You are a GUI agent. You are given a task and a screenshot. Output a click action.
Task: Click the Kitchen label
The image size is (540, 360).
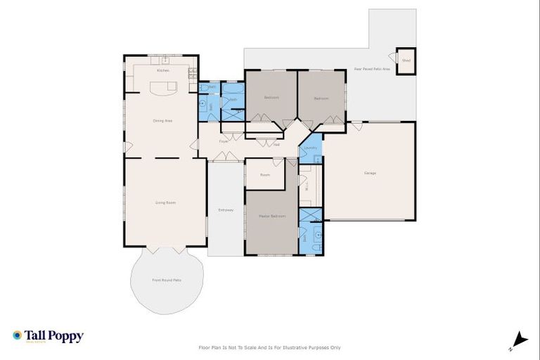[163, 70]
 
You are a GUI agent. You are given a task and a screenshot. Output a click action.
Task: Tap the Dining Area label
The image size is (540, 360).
[163, 121]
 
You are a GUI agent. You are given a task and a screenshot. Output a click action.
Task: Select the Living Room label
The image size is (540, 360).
[165, 202]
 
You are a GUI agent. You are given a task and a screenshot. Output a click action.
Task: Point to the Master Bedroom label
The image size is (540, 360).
[273, 216]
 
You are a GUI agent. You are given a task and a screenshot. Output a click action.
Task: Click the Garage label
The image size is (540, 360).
[370, 173]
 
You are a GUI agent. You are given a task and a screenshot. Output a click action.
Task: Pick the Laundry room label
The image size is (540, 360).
[311, 148]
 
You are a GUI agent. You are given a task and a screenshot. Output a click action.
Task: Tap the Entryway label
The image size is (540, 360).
[226, 210]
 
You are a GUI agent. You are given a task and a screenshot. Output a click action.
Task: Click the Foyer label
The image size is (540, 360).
[224, 141]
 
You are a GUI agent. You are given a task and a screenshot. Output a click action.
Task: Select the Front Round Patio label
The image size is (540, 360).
[167, 280]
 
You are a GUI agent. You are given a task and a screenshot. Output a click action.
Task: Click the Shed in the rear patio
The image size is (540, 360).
[406, 60]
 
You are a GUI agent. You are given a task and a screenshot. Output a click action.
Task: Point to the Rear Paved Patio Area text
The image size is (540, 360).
[371, 69]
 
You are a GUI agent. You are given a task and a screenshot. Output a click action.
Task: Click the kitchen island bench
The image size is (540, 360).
[163, 88]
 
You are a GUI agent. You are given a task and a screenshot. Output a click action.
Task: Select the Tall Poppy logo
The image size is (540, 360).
[48, 336]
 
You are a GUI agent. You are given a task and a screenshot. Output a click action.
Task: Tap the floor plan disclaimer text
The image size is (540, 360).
[270, 347]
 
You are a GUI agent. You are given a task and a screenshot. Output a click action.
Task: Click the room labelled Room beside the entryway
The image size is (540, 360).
[265, 174]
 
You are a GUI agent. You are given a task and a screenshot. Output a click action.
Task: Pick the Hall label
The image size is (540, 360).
[276, 144]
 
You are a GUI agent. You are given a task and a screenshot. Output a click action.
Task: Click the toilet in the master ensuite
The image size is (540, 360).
[318, 236]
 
